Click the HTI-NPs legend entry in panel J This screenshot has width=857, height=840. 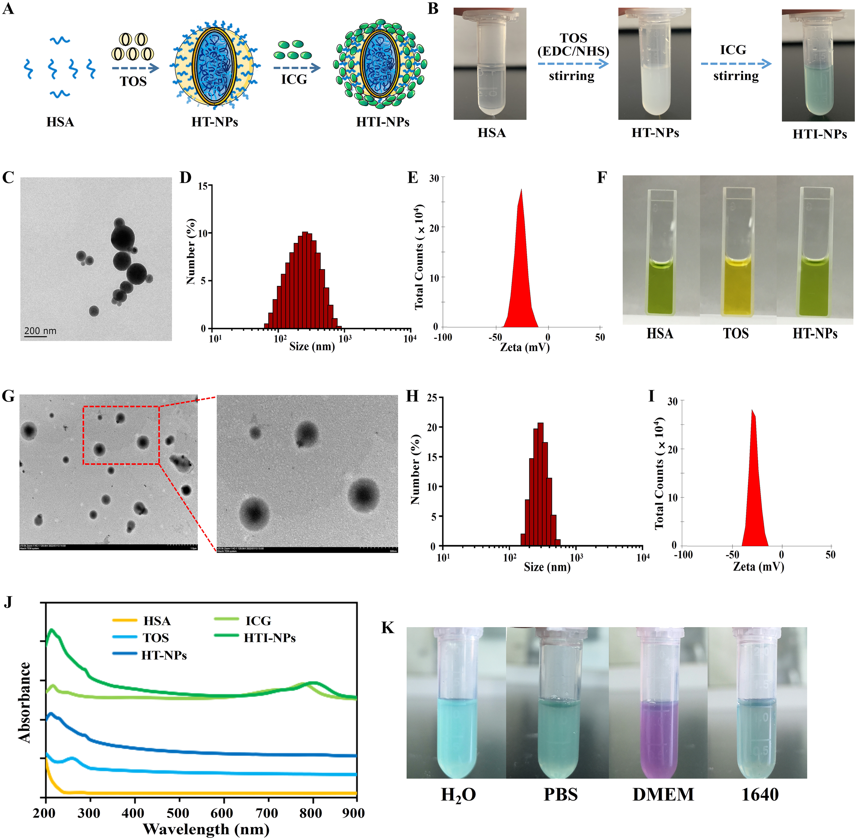[269, 638]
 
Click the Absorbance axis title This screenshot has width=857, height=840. [25, 702]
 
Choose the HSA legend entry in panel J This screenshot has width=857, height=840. [157, 621]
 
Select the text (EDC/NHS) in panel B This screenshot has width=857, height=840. [573, 51]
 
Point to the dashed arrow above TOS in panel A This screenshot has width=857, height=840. [135, 68]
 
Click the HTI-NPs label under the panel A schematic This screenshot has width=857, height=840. [383, 122]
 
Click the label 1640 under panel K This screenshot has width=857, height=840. [760, 794]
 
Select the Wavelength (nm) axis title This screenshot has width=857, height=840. [206, 829]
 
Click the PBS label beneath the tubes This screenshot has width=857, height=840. [560, 794]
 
